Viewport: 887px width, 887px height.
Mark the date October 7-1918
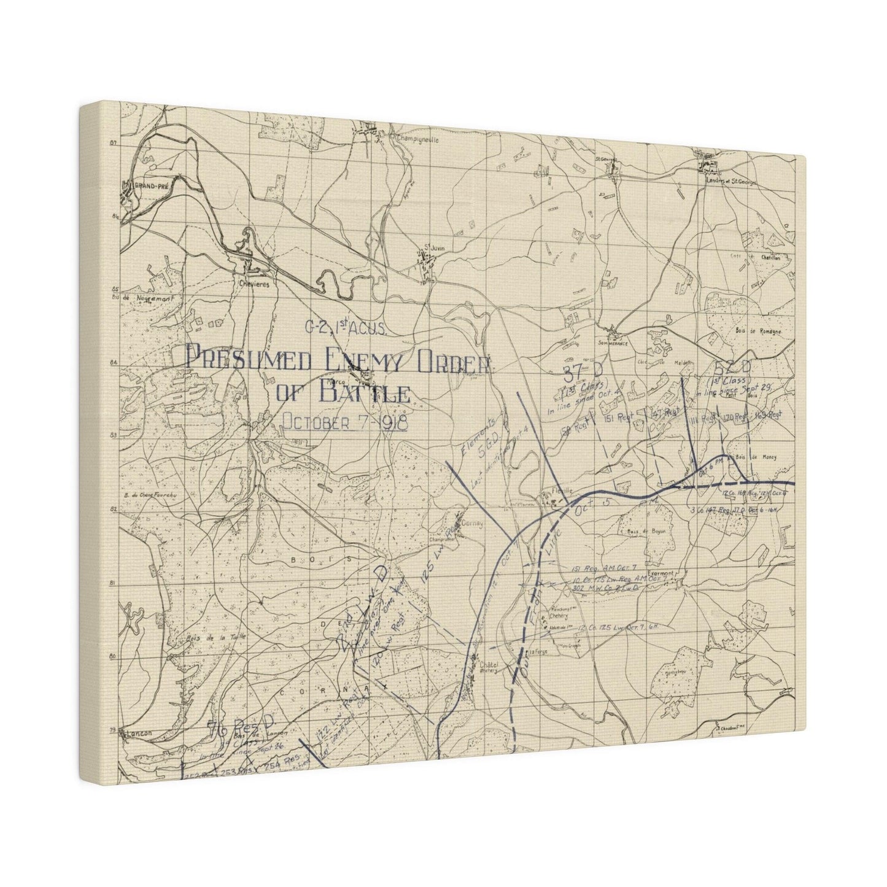pyautogui.click(x=344, y=422)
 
